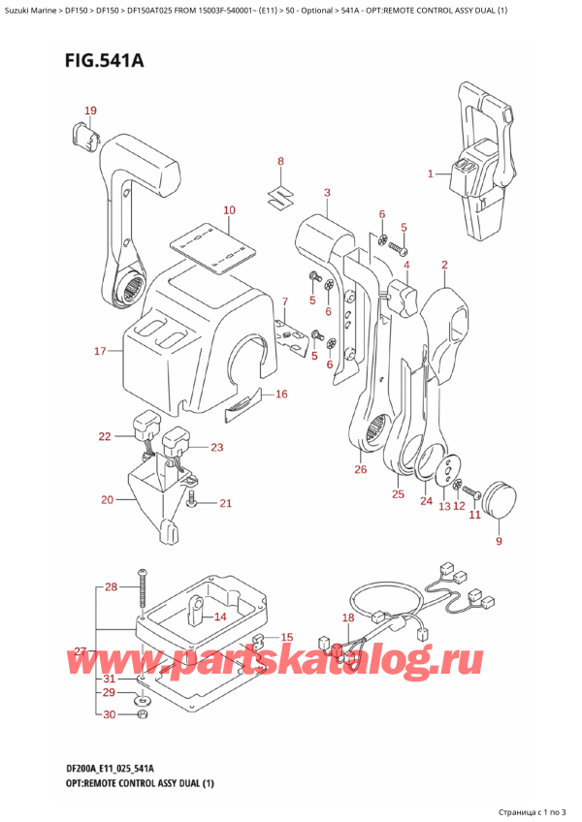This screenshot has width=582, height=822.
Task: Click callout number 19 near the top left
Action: click(89, 111)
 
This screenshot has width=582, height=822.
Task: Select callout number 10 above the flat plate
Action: click(229, 210)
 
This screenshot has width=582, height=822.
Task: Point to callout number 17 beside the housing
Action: click(99, 351)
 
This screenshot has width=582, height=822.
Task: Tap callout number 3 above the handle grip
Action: click(327, 192)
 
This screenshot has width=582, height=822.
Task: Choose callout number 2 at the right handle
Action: click(443, 265)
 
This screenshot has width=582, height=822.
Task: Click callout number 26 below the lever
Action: click(361, 470)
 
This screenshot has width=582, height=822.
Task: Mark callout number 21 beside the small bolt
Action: click(226, 502)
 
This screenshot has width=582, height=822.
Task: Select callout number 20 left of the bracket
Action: click(108, 500)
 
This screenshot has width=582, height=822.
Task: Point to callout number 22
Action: click(105, 437)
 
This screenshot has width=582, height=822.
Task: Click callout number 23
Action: click(216, 447)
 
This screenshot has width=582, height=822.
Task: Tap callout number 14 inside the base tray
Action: click(220, 616)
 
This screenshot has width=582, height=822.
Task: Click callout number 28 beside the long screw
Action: click(110, 587)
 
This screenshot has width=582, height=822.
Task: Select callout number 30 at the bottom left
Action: click(110, 714)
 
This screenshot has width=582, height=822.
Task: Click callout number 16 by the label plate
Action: click(281, 394)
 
